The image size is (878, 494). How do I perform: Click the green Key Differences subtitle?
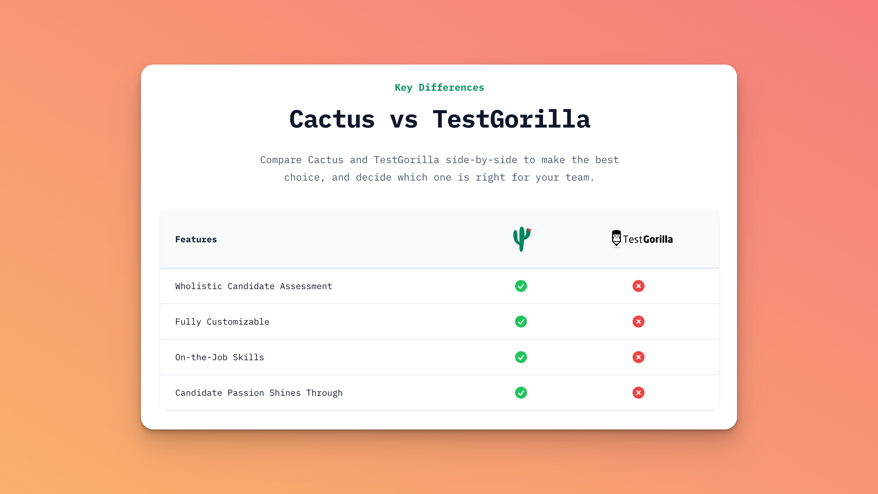[439, 88]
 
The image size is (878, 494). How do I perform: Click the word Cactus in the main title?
[332, 119]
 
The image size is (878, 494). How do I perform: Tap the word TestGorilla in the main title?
[511, 119]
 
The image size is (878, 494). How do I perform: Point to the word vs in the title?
[404, 120]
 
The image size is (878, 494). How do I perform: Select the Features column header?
[196, 239]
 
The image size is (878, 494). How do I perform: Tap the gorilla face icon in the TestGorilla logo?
[616, 238]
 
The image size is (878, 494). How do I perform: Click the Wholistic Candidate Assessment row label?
[253, 286]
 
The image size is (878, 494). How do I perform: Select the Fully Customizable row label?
[222, 322]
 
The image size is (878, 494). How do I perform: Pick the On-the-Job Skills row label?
[219, 357]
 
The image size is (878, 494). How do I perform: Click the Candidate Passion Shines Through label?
[259, 393]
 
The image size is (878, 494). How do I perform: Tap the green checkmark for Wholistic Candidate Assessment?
[521, 286]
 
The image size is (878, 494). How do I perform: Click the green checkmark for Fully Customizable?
[521, 322]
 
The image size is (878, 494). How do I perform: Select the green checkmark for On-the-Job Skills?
[521, 357]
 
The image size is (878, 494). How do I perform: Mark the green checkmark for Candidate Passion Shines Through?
[521, 393]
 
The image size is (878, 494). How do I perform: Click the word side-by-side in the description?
[481, 160]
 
